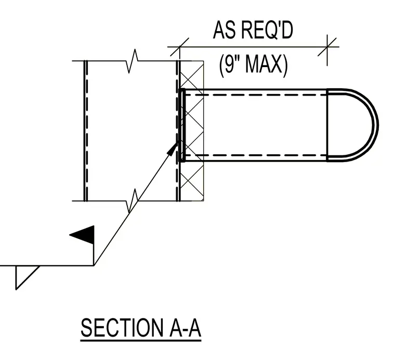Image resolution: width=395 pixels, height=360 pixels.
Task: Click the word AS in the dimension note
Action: click(224, 30)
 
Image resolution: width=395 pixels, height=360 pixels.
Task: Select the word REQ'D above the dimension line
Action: click(267, 30)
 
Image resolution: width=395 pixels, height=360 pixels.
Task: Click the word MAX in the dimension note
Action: click(267, 64)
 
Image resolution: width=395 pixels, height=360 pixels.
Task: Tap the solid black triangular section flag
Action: click(82, 235)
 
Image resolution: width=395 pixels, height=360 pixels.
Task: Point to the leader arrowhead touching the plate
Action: click(173, 149)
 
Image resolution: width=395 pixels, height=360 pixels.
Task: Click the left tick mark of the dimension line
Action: click(179, 47)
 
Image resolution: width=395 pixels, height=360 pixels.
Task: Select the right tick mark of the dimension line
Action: click(327, 47)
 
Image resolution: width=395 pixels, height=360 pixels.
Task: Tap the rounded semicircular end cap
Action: click(375, 125)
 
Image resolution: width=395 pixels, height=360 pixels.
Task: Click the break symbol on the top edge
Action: click(133, 61)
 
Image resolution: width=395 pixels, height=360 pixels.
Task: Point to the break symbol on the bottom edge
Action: click(133, 201)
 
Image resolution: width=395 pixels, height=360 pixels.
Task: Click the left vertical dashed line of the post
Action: click(87, 131)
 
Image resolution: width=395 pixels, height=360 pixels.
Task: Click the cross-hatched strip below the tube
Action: click(192, 181)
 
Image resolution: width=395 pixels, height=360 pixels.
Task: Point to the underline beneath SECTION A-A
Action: click(141, 341)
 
